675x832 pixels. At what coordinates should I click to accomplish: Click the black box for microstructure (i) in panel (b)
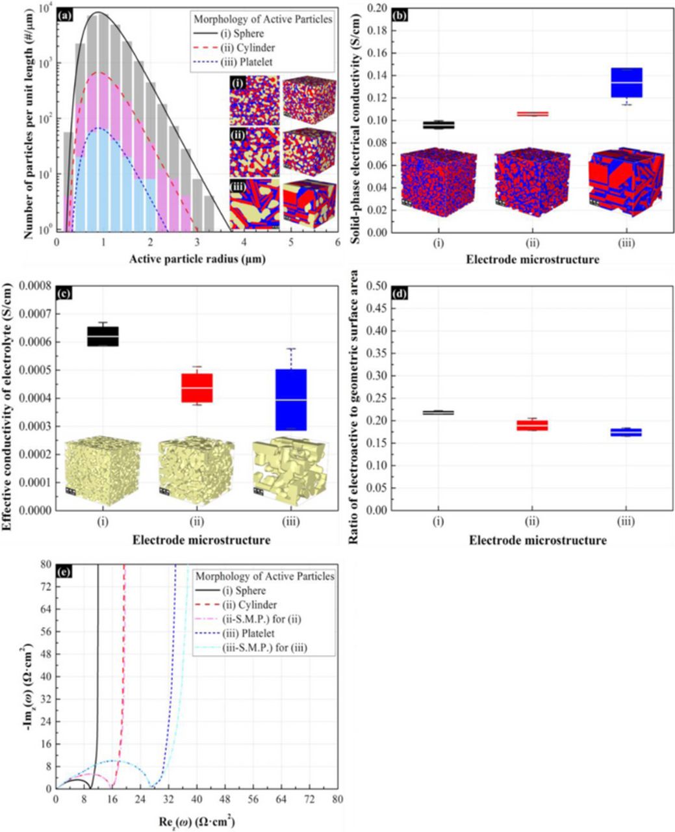pyautogui.click(x=439, y=125)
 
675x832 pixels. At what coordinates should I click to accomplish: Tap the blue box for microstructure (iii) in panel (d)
pyautogui.click(x=626, y=432)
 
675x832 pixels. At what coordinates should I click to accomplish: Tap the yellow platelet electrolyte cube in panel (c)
pyautogui.click(x=290, y=472)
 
